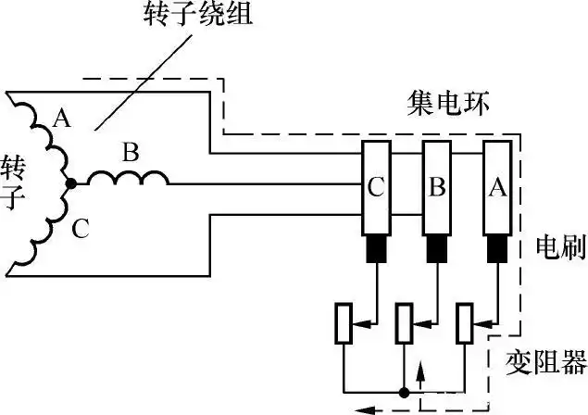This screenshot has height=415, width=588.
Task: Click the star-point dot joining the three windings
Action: click(x=71, y=184)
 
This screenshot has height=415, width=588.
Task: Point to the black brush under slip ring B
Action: click(x=437, y=248)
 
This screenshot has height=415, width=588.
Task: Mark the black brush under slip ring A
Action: click(x=497, y=248)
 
